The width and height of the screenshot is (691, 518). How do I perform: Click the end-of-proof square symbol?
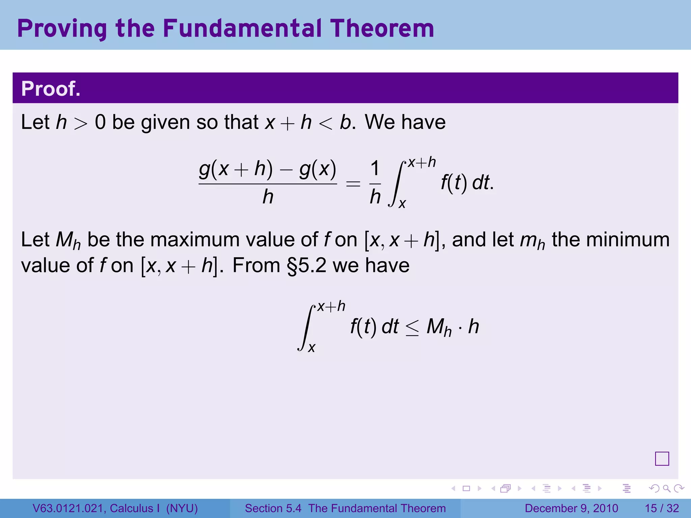point(662,459)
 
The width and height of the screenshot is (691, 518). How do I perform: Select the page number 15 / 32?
point(662,508)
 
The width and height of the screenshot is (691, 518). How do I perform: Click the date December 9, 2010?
point(571,508)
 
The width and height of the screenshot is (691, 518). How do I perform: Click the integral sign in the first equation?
point(396,184)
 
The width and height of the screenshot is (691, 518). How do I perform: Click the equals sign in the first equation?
point(353,184)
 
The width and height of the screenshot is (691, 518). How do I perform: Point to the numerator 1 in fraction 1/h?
point(375,169)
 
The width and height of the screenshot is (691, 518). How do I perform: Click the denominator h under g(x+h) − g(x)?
point(268,197)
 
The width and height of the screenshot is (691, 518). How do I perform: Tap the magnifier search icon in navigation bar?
point(666,488)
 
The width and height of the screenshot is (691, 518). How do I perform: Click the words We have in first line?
point(405,122)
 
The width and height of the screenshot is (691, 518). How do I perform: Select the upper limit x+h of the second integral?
point(331,306)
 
